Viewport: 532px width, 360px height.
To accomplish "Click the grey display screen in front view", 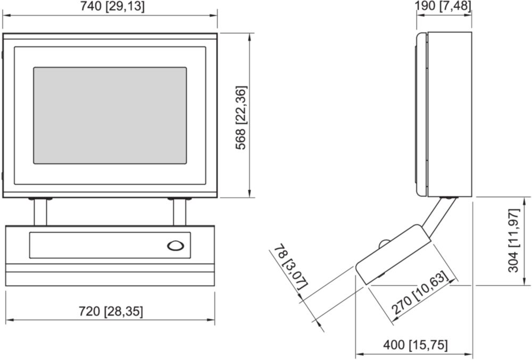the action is coord(110,115).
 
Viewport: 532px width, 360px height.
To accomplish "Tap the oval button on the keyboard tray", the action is coord(176,246).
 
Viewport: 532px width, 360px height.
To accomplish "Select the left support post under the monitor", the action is coord(40,212).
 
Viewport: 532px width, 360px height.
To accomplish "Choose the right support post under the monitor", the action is coord(179,212).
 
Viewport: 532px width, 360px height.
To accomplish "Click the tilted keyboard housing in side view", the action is coord(393,255).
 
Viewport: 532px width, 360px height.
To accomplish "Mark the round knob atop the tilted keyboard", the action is coord(385,243).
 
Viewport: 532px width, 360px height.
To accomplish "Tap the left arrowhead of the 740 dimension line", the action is coord(6,15).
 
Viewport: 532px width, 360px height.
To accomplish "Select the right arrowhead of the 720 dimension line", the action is coord(211,320).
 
